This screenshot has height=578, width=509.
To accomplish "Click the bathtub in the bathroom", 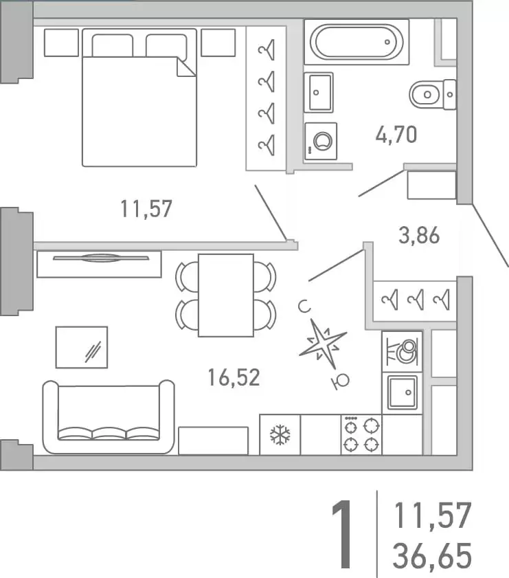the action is [357, 42].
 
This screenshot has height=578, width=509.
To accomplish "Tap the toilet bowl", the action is [432, 95].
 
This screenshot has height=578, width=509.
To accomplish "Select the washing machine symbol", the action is [320, 141].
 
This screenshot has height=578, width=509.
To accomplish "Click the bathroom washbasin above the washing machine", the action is [319, 92].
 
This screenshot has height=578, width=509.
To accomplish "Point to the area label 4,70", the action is [396, 134].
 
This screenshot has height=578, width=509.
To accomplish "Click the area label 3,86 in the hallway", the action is [419, 235].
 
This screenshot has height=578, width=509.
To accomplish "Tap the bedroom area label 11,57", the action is [146, 209].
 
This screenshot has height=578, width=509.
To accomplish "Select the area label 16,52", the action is [234, 377].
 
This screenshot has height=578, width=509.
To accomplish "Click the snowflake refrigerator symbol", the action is [280, 434].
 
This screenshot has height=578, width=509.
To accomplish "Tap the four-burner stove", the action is [361, 434].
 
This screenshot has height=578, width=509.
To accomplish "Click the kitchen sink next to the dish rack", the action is [403, 393].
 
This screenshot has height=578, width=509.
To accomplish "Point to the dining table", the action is [226, 296].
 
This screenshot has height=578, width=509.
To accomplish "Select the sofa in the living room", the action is [109, 417].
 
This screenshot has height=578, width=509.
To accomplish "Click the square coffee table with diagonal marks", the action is [82, 347].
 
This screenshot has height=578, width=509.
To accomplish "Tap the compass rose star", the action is [323, 344].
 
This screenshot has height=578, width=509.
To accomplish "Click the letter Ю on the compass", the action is [341, 381].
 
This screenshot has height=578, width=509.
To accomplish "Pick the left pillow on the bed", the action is [113, 46].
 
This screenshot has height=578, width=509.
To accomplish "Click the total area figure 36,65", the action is [432, 555].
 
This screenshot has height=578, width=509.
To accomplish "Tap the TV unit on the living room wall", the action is [99, 263].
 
